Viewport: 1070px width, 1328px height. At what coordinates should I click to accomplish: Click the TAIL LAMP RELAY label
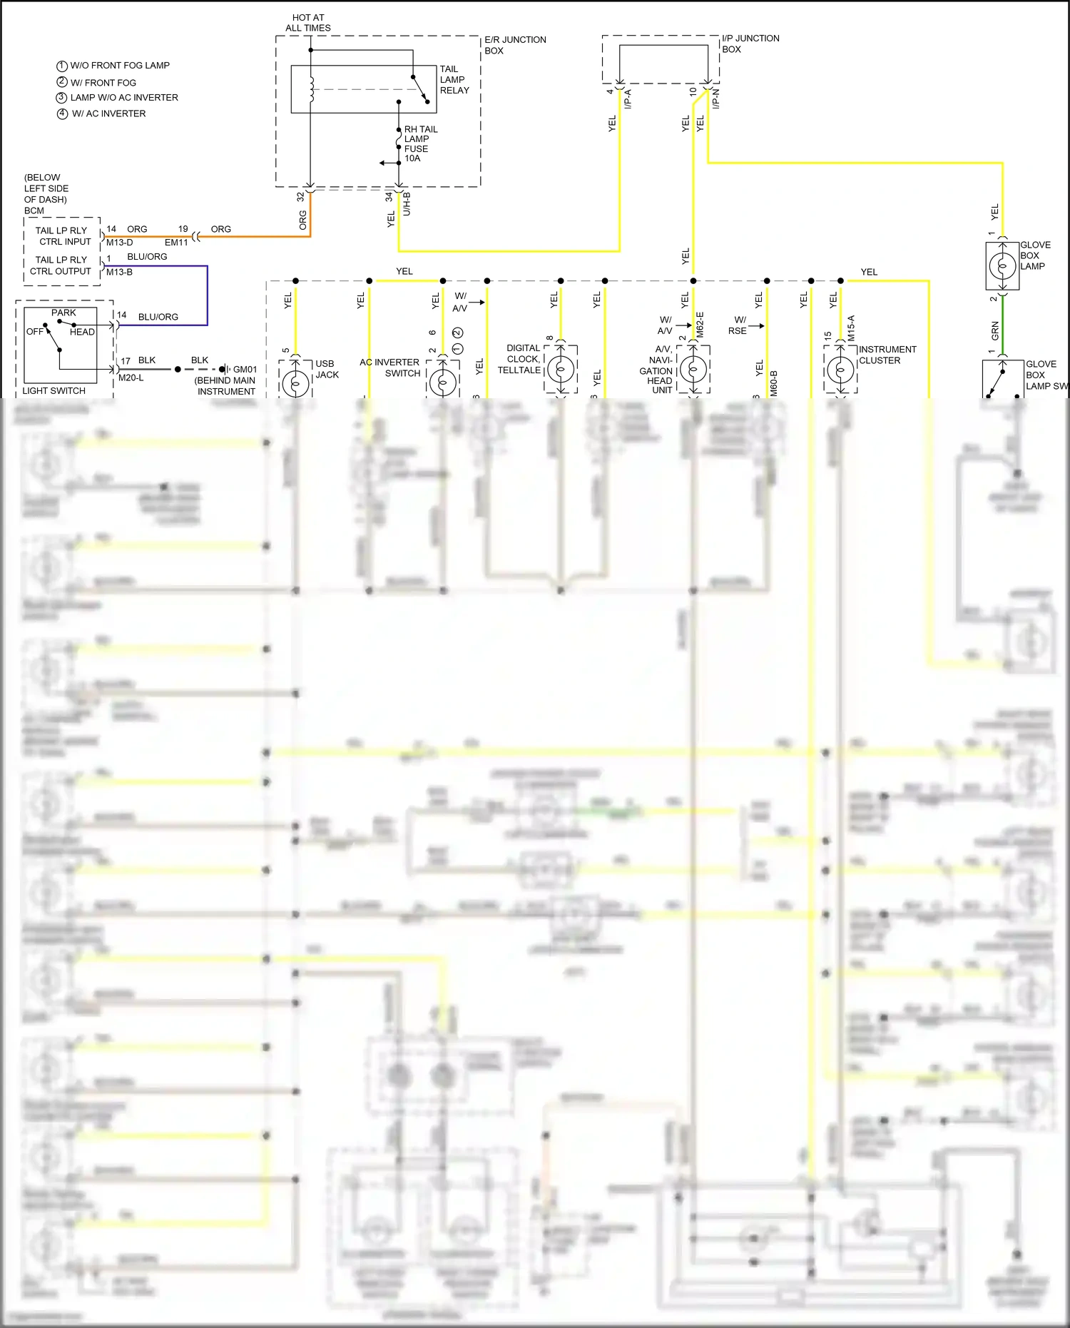(454, 80)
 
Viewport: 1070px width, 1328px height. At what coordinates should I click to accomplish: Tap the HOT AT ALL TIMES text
(308, 23)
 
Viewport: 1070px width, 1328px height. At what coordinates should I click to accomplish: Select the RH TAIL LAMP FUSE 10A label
(420, 143)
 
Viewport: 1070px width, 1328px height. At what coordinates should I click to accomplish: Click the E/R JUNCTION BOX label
(514, 45)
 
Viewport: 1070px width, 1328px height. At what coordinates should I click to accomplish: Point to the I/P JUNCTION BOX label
(750, 44)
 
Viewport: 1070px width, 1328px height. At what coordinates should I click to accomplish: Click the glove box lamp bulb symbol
(1002, 266)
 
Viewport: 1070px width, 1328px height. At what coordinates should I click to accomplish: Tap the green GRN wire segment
(1003, 325)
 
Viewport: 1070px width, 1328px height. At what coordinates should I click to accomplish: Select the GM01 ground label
(245, 370)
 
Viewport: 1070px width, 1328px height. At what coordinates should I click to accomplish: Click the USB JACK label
(327, 369)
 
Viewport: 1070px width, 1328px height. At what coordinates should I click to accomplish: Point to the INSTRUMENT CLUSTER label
(887, 355)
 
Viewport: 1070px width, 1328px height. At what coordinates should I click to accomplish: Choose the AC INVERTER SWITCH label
(389, 368)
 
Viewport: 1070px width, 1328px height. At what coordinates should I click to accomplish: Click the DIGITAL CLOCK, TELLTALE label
(519, 359)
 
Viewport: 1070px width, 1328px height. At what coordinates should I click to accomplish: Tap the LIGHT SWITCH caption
(53, 391)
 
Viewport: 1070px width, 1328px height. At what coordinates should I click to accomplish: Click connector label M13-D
(119, 243)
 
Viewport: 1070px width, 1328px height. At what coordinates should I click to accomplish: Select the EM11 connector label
(176, 243)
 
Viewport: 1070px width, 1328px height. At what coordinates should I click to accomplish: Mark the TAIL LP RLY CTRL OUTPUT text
(61, 265)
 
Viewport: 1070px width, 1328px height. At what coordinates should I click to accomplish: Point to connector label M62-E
(700, 325)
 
